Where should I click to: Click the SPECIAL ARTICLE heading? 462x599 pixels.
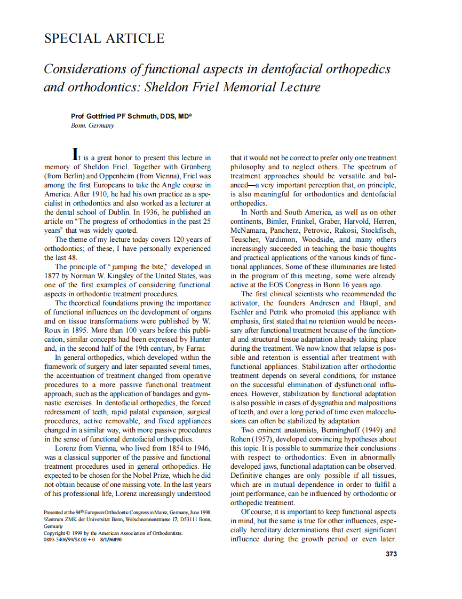click(x=104, y=38)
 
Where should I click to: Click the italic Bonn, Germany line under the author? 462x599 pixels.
click(x=92, y=125)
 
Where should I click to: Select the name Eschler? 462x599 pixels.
click(x=243, y=312)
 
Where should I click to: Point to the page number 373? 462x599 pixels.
click(x=391, y=554)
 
